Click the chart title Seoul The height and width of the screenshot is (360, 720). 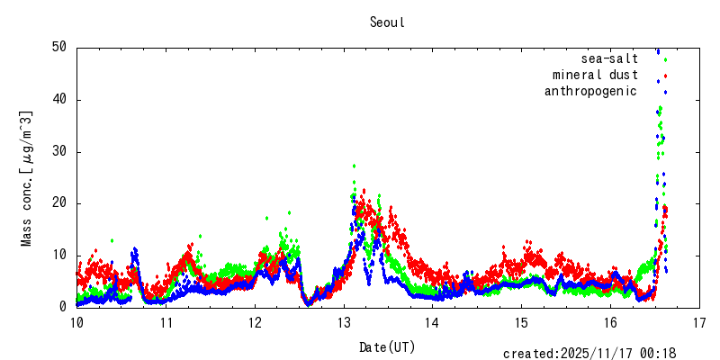tap(387, 22)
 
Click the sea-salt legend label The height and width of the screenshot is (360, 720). tap(609, 58)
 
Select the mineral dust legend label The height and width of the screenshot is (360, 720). tap(595, 75)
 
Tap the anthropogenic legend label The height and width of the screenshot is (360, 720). tap(590, 91)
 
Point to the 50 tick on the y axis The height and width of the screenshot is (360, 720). tap(60, 48)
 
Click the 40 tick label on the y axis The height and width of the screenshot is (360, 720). tap(60, 100)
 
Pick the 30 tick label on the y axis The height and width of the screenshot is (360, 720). tap(60, 152)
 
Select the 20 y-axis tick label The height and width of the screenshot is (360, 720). tap(60, 203)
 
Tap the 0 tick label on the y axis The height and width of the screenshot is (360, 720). tap(64, 307)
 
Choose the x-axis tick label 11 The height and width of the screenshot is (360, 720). tap(166, 322)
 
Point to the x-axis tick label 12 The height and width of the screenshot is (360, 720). tap(255, 322)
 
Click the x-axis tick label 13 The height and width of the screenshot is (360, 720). tap(344, 322)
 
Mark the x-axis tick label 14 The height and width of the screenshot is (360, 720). tap(433, 322)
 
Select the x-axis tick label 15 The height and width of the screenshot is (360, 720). tap(522, 322)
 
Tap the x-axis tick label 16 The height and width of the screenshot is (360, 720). tap(610, 322)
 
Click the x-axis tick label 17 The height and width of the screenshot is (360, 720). tap(699, 322)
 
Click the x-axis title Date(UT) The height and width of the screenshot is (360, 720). tap(388, 346)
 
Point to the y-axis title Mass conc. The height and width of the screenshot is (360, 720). tap(27, 177)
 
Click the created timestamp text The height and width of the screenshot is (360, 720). tap(589, 354)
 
